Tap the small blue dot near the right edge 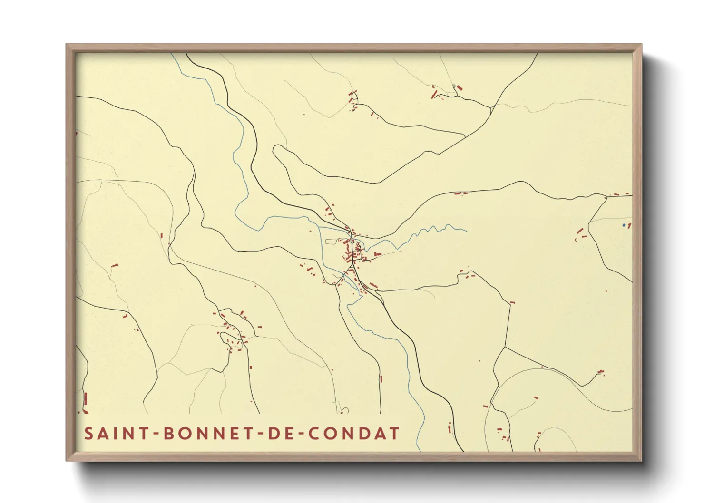(x=624, y=225)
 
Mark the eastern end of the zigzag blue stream (x=466, y=231)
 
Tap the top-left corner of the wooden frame (x=67, y=45)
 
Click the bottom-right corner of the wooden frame (x=641, y=460)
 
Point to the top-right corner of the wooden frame (x=641, y=45)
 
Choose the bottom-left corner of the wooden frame (x=67, y=460)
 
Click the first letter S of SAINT (x=88, y=434)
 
